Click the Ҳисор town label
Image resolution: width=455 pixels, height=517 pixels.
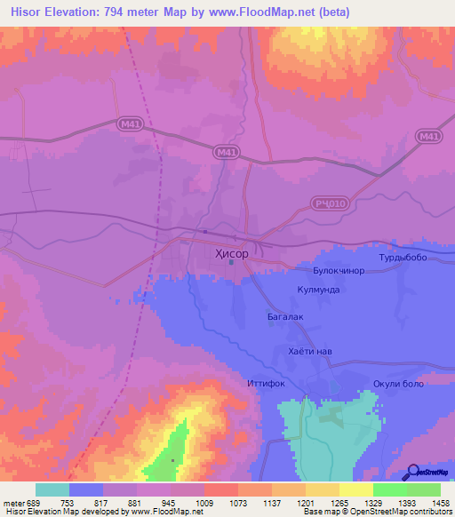coord(232,253)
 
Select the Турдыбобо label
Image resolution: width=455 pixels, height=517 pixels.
coord(403,258)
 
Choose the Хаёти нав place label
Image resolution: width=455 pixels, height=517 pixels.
coord(310,352)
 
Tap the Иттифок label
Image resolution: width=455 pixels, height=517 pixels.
coord(265,385)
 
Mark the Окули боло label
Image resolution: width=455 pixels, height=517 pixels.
coord(396,384)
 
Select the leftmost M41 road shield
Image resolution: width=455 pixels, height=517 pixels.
coord(131,127)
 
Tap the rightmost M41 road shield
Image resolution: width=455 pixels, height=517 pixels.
coord(428,136)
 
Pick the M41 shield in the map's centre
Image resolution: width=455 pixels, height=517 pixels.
coord(227,153)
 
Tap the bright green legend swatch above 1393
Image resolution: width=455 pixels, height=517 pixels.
coord(390,489)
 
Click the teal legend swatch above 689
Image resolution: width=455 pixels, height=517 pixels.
coord(52,489)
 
